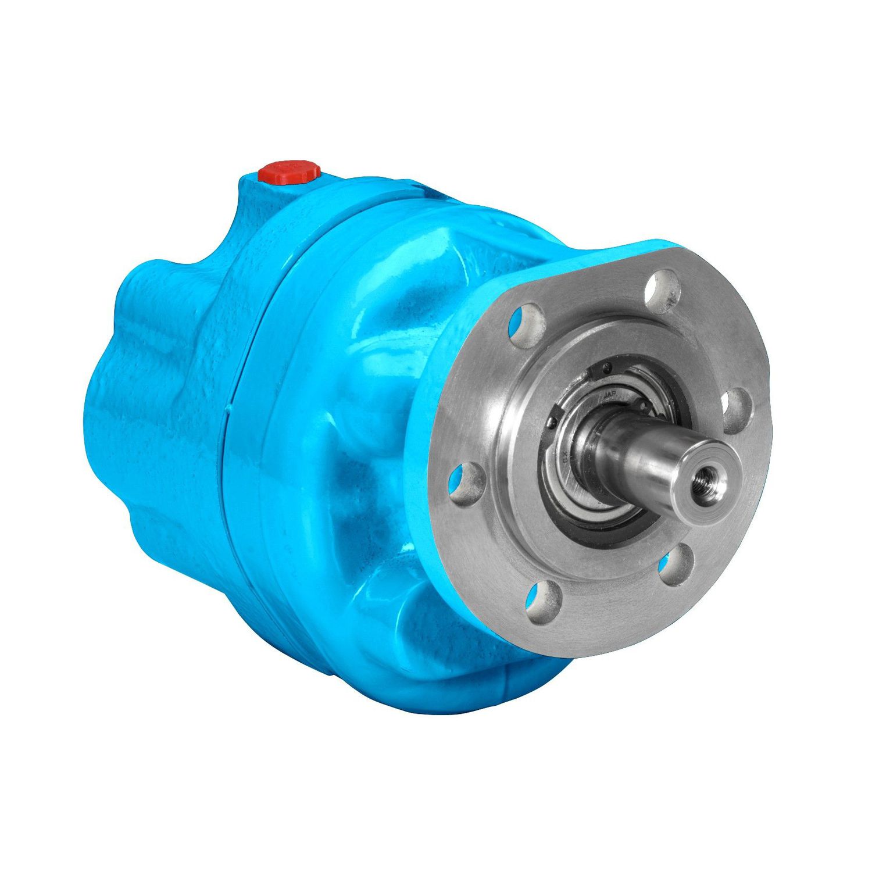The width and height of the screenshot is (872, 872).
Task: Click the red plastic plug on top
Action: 290,173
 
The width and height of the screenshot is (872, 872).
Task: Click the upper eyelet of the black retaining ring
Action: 607,366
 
